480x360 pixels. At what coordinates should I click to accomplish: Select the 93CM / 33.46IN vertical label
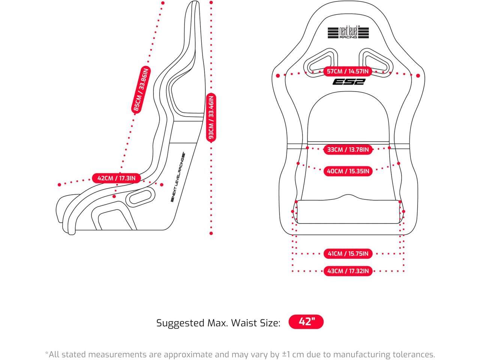click(x=211, y=117)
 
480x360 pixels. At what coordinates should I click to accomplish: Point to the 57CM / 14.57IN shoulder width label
click(x=348, y=71)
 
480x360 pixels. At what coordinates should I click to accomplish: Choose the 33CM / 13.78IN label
click(x=348, y=150)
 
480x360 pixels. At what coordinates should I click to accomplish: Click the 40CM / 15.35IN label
click(x=348, y=171)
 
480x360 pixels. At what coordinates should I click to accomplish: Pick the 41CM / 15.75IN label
click(x=348, y=254)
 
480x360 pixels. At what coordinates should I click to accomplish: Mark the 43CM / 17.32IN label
click(x=348, y=271)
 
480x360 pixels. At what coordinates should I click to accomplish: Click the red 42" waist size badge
click(x=306, y=322)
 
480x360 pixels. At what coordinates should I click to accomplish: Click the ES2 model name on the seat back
click(x=348, y=82)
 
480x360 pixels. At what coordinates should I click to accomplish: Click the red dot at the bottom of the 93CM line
click(x=211, y=233)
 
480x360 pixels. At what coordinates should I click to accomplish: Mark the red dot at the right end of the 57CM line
click(x=418, y=75)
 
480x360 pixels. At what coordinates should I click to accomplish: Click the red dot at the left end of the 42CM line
click(x=59, y=184)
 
